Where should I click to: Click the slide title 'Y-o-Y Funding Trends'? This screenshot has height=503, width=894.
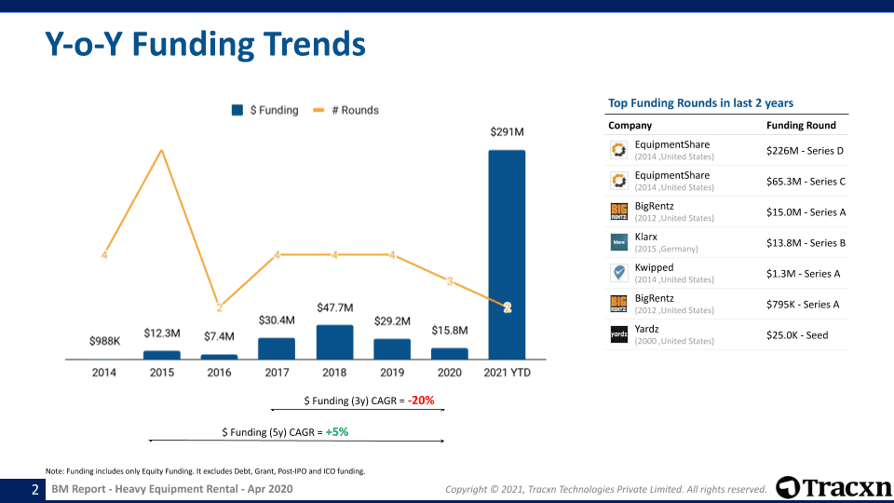(205, 44)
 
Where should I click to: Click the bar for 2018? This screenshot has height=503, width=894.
(334, 342)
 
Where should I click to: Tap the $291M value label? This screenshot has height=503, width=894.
(507, 132)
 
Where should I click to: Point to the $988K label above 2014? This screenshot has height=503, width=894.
(104, 341)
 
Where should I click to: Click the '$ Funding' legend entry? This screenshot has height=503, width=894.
(265, 110)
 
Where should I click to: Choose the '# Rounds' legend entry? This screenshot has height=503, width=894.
(345, 110)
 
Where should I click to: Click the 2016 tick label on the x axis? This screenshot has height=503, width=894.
(219, 373)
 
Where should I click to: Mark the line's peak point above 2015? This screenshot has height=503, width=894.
(162, 149)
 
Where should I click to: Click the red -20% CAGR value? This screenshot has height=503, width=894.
(421, 401)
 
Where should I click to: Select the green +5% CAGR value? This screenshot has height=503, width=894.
(337, 432)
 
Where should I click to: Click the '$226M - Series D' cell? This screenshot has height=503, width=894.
(806, 150)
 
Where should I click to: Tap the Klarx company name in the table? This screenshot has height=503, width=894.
(646, 237)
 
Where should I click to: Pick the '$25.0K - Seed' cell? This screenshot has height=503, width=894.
(797, 334)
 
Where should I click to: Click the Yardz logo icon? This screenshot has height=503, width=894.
(618, 334)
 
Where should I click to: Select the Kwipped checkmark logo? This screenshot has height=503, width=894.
(618, 273)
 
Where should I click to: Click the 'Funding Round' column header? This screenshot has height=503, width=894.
(801, 125)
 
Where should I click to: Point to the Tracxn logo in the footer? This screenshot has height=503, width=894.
(833, 487)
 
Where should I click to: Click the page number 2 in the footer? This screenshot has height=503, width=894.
(35, 489)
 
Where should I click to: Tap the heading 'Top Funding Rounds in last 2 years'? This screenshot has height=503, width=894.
(700, 102)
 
